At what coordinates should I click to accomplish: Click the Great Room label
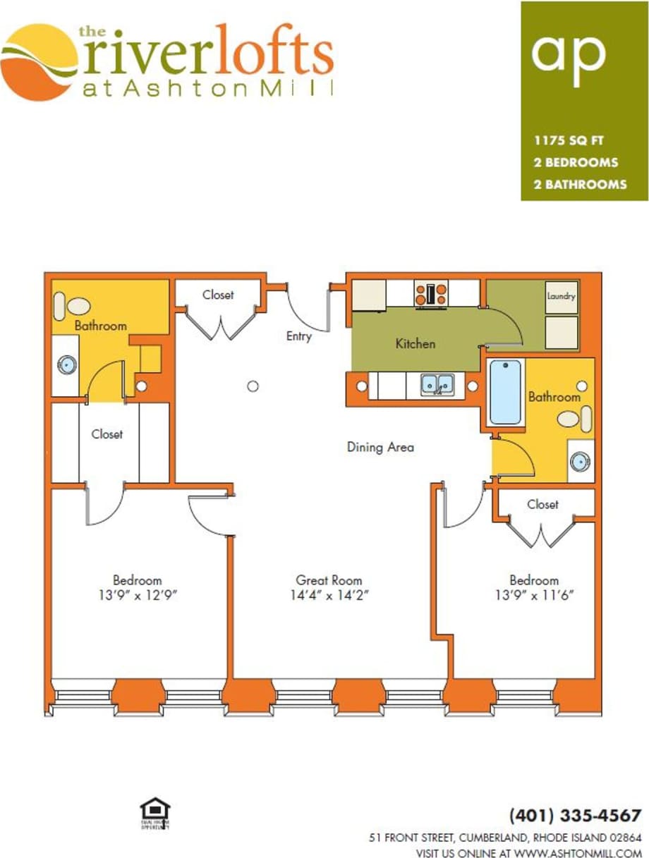tap(329, 580)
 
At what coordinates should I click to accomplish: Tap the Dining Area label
tap(380, 447)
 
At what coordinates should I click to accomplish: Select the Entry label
tap(298, 336)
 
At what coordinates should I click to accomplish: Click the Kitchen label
tap(415, 344)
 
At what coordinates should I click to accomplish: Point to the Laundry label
tap(561, 297)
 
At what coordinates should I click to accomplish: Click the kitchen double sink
tap(438, 385)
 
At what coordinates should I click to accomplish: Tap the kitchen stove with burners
tap(430, 293)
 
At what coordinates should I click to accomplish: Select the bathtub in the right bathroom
tap(506, 391)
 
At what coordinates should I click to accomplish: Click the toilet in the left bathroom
tap(75, 306)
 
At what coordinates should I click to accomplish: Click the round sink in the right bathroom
tap(580, 462)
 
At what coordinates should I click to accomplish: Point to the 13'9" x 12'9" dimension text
tap(138, 594)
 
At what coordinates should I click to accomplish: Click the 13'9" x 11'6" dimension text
tap(534, 594)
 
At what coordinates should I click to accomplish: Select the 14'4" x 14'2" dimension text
tap(329, 594)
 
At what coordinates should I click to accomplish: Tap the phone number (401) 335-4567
tap(575, 816)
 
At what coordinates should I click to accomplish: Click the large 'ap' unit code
tap(569, 53)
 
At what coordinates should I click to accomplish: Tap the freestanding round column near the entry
tap(253, 386)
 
